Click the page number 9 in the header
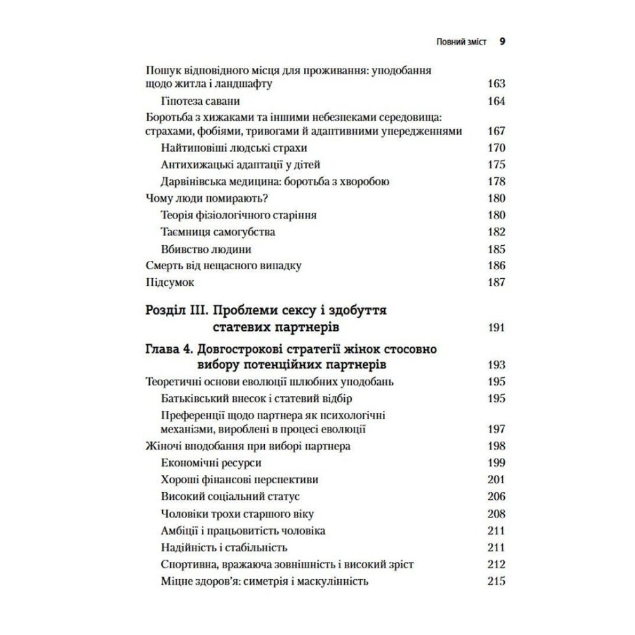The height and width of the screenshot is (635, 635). click(502, 43)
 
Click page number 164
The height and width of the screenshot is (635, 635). click(496, 102)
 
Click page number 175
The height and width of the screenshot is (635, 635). click(496, 165)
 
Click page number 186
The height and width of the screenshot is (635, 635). click(496, 266)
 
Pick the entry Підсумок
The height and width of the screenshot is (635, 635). click(170, 283)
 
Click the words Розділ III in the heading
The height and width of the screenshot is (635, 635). click(174, 311)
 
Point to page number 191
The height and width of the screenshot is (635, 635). click(496, 328)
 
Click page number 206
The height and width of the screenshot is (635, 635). click(496, 496)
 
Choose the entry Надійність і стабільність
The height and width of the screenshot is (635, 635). click(225, 547)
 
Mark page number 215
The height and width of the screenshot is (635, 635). click(496, 580)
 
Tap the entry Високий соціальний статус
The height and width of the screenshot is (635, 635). click(231, 496)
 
